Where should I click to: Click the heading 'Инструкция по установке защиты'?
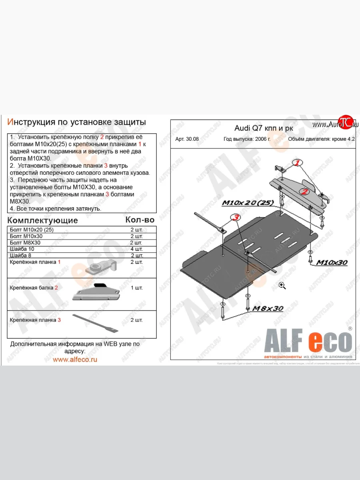click(77, 122)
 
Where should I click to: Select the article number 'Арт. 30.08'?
click(186, 140)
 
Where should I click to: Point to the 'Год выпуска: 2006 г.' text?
click(247, 140)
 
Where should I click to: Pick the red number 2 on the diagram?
click(305, 192)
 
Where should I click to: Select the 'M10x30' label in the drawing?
click(332, 263)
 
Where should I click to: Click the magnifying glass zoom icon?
click(282, 285)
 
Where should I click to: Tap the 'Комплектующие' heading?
click(43, 220)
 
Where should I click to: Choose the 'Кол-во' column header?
click(140, 220)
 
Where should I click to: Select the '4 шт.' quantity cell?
click(136, 249)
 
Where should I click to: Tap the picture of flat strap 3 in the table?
click(96, 323)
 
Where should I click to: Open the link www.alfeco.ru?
click(75, 359)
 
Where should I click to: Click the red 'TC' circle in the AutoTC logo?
click(345, 122)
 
